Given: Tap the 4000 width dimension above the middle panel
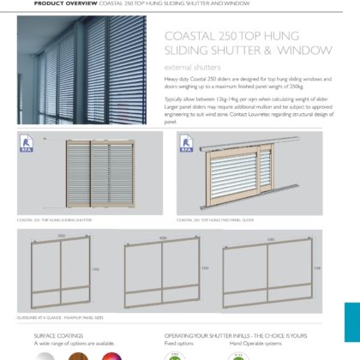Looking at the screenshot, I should (x=163, y=237).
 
